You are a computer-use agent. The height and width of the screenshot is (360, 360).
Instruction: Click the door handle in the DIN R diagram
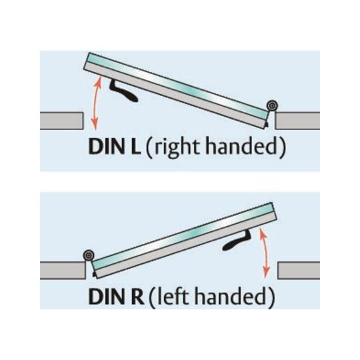[x=237, y=243]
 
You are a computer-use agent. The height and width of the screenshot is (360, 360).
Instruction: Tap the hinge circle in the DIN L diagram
[x=272, y=106]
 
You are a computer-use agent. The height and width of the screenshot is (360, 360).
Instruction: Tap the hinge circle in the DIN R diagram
[x=89, y=255]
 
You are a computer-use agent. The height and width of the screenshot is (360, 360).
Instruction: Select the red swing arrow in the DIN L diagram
[x=96, y=103]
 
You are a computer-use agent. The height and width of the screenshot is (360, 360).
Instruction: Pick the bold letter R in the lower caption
[x=136, y=297]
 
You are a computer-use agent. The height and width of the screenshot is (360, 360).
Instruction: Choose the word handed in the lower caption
[x=231, y=296]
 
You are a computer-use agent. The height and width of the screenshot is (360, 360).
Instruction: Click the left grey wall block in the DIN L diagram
[x=61, y=121]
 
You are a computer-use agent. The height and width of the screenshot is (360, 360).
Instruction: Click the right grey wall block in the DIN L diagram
[x=297, y=121]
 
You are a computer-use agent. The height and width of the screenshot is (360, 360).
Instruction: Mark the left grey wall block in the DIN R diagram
[x=63, y=271]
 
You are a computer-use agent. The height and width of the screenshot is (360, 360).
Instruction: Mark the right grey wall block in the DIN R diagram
[x=299, y=271]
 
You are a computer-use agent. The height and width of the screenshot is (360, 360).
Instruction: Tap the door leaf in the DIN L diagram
[x=177, y=91]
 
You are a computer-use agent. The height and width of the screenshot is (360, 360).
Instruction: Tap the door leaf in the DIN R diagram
[x=185, y=241]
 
